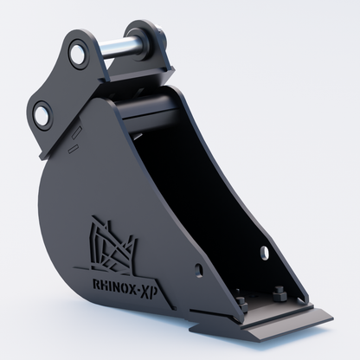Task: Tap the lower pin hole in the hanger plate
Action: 43,114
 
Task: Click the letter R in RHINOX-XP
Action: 96,284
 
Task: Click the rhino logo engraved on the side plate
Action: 112,245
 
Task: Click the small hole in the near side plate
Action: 198,270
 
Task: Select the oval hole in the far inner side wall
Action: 264,253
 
